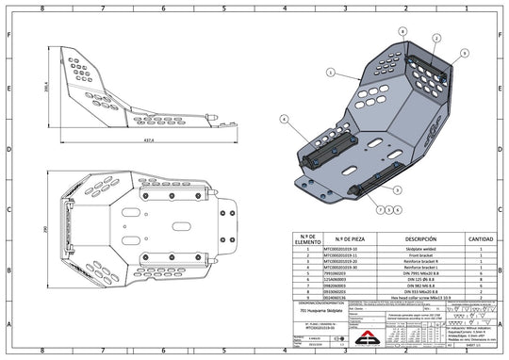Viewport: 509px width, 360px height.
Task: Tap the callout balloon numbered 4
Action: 282,119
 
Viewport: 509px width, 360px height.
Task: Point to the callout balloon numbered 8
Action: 402,30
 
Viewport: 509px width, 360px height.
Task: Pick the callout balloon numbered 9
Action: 463,56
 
